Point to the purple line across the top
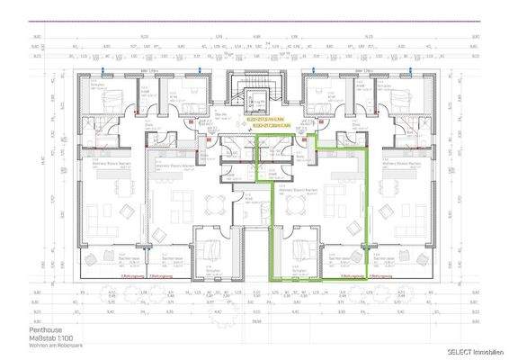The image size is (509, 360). click(254, 20)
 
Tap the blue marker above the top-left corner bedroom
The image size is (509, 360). click(104, 68)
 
